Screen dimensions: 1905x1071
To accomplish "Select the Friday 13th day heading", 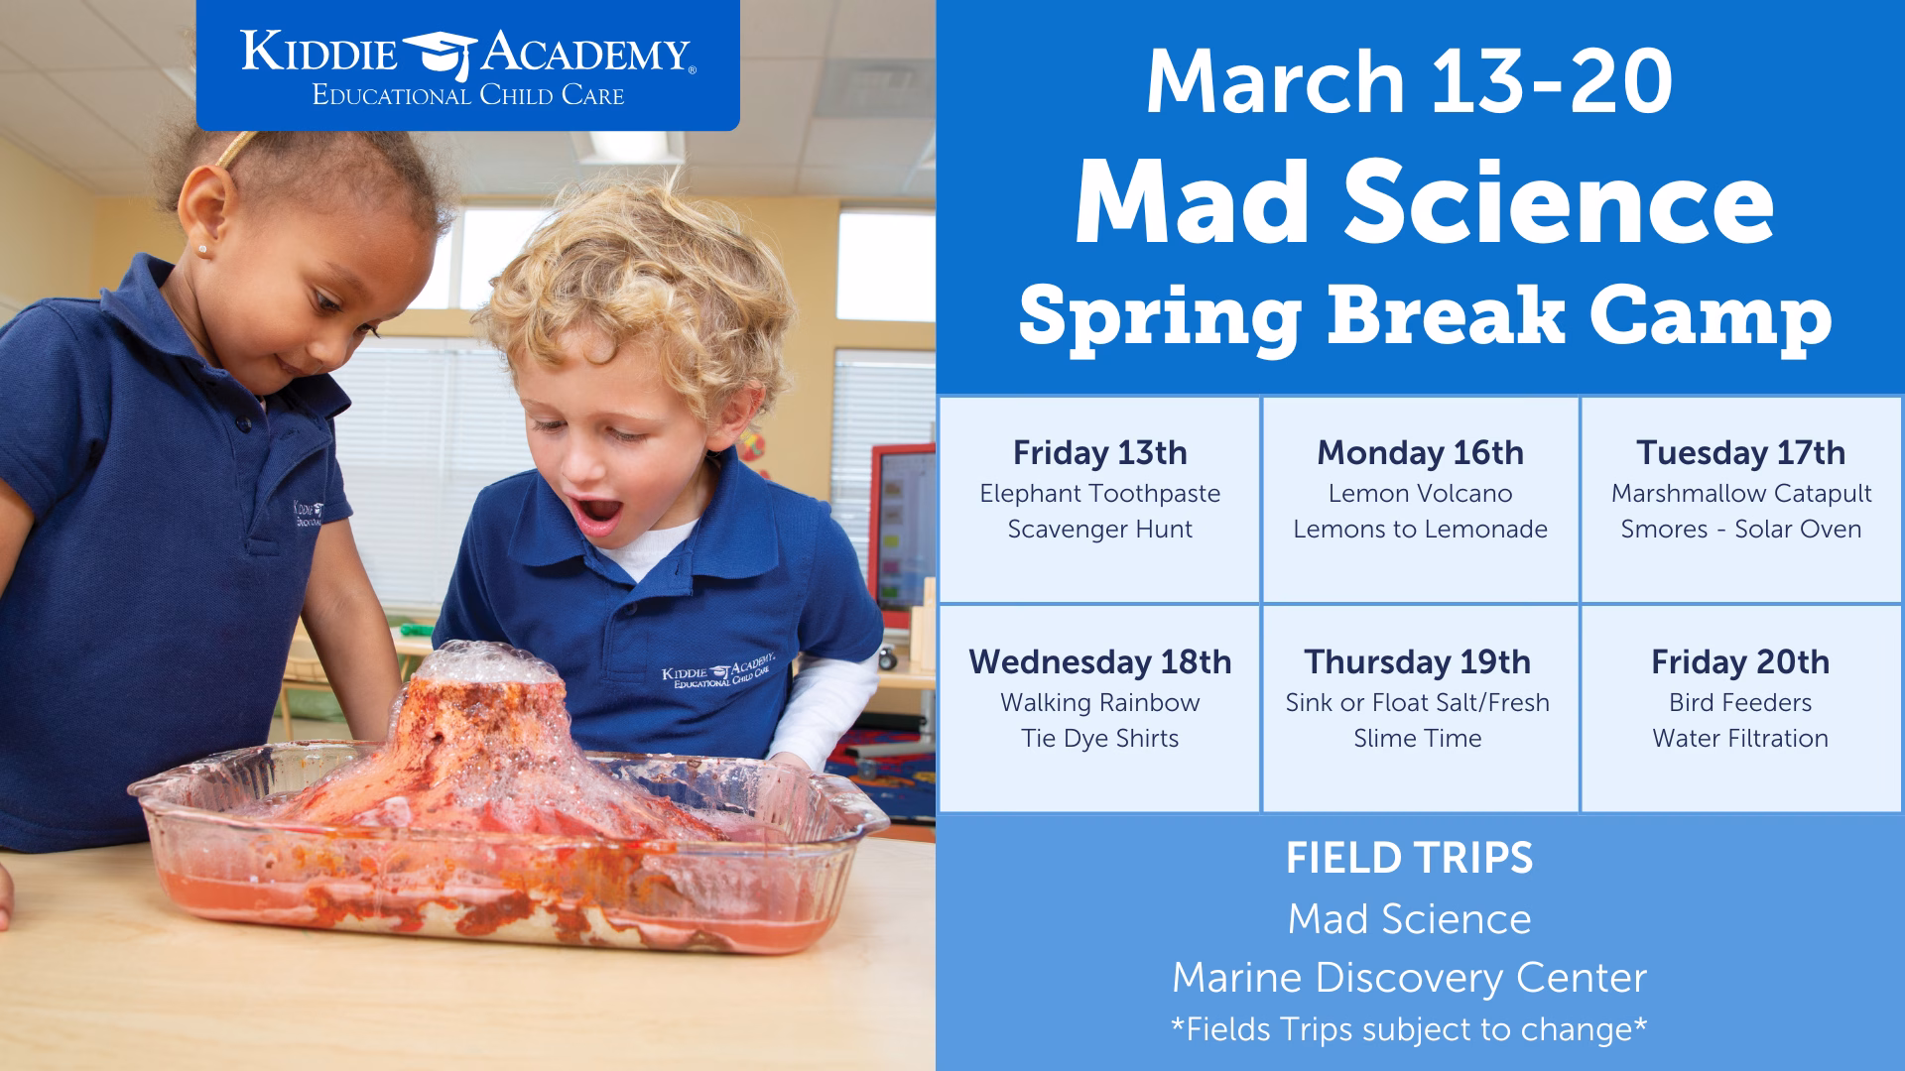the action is point(1099,453).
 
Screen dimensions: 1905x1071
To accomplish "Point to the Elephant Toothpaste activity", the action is point(1099,494).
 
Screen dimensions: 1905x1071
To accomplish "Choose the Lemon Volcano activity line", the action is point(1420,494).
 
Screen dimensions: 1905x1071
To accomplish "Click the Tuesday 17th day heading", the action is point(1740,453).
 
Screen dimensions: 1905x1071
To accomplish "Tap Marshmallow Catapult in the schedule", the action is point(1740,494).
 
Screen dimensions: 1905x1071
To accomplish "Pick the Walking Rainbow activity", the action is point(1099,703).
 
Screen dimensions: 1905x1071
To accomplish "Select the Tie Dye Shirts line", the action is point(1099,739).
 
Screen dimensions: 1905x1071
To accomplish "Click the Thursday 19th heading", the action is point(1417,662).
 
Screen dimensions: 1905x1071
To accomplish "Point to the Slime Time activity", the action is point(1417,739).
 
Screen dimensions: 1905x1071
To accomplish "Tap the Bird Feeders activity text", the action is point(1740,703).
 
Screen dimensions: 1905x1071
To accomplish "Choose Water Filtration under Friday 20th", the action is point(1740,739).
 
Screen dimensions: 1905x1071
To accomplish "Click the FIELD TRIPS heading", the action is point(1409,859).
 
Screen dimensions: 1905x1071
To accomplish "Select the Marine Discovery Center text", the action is point(1409,979).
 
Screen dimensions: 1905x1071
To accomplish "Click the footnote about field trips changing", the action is point(1409,1029).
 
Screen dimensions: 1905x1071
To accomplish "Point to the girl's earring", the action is point(203,249).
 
